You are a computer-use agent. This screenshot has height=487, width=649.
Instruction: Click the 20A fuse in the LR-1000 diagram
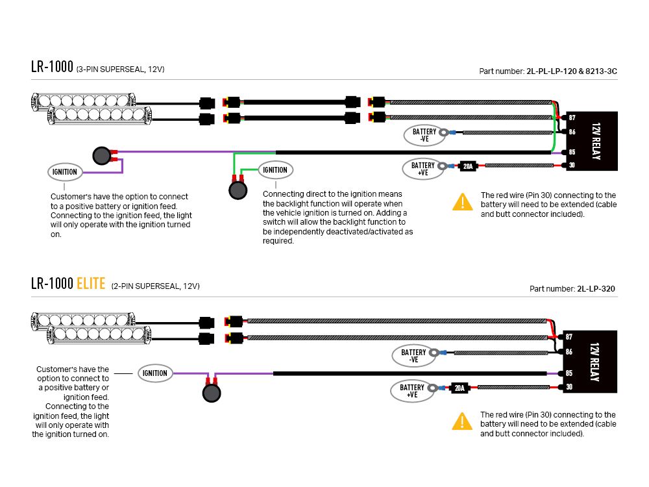468,166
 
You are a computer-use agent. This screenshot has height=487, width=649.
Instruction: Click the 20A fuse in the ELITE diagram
459,388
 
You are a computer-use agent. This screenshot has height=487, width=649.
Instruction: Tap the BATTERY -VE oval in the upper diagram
424,135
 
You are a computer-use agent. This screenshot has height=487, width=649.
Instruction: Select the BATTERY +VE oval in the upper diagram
423,169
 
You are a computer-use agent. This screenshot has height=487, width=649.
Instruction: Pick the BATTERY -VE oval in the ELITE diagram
413,356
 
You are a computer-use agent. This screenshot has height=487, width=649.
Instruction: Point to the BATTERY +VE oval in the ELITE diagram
412,391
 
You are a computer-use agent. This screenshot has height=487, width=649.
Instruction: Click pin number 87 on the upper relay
572,118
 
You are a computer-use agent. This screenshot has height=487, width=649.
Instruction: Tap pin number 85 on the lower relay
569,373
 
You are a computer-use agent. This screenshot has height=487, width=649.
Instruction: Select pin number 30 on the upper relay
572,165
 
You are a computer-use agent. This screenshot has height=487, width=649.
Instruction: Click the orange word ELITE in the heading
91,284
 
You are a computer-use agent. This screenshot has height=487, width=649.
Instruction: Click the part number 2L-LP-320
596,289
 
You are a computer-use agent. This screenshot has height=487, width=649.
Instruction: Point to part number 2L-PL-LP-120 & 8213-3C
572,71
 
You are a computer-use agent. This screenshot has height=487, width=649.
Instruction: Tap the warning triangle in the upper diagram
462,202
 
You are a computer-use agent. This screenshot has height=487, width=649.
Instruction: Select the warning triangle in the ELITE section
462,421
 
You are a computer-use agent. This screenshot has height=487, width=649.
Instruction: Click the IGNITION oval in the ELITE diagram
155,373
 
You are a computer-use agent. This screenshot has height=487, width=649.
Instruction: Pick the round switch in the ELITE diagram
212,393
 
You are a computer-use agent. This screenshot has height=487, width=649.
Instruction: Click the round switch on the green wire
238,190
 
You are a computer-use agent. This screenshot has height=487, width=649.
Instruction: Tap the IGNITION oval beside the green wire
275,169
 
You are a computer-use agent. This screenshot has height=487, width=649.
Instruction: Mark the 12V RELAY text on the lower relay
594,362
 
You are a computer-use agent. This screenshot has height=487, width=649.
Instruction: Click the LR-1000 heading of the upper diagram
52,67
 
